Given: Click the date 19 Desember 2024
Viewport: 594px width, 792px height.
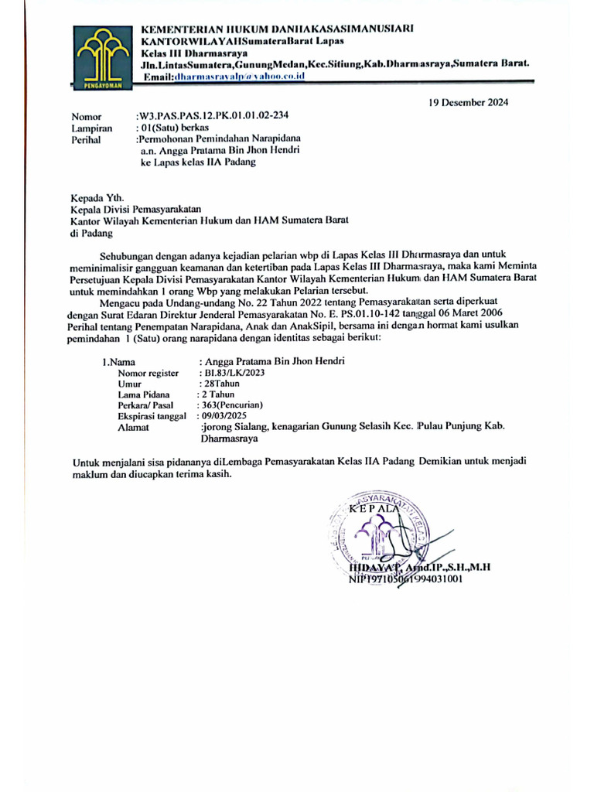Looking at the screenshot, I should click(469, 102).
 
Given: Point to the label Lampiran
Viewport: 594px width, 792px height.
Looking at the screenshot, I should click(92, 128).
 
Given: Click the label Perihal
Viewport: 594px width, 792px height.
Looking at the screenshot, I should click(87, 139).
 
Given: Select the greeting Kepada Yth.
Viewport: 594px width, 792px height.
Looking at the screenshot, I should click(97, 198).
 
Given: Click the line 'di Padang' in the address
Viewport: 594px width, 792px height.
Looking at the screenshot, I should click(91, 231).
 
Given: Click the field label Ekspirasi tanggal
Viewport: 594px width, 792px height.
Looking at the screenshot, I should click(152, 416).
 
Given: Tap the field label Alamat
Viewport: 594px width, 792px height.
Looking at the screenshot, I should click(133, 427).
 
